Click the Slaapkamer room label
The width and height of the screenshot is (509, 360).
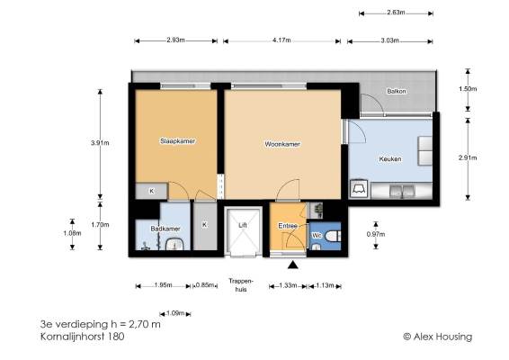(177, 141)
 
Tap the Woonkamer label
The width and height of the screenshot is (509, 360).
(282, 144)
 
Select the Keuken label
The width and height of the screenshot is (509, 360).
(390, 159)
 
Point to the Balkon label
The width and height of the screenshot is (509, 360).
(397, 91)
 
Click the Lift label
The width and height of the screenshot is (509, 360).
(243, 225)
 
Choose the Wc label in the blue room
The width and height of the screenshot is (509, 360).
(317, 235)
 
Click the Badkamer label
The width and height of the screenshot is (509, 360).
(165, 229)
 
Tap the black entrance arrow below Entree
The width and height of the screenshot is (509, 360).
(293, 265)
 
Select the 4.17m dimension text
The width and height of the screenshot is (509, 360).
(281, 40)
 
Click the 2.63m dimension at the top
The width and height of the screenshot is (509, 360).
(396, 13)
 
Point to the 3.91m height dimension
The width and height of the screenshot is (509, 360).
(100, 142)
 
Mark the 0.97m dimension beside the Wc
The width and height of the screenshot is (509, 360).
(376, 234)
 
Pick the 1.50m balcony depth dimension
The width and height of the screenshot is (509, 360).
(468, 89)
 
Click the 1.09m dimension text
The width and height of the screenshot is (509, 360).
(175, 313)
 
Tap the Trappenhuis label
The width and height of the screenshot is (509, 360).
(240, 285)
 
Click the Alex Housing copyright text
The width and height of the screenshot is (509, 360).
(438, 337)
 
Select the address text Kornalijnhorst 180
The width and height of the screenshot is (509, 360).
(82, 337)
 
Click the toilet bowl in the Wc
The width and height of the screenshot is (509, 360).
(333, 236)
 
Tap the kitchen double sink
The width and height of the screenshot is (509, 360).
(402, 192)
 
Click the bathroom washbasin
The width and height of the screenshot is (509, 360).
(174, 244)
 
